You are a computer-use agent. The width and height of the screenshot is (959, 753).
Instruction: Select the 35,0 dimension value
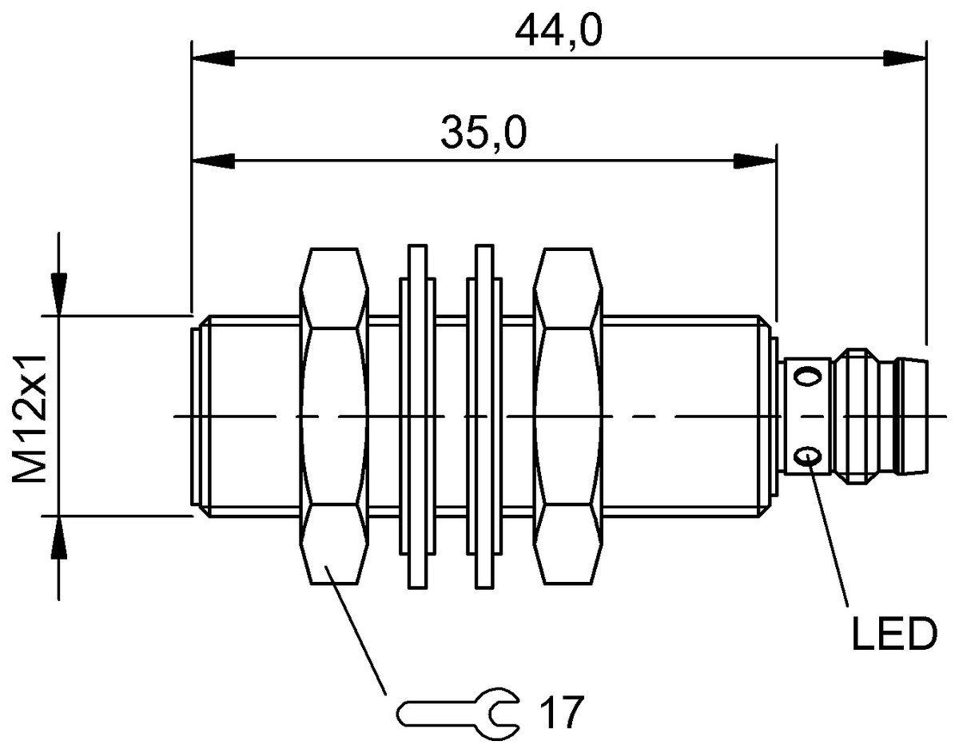click(x=483, y=133)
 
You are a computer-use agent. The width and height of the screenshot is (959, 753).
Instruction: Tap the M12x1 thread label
click(x=30, y=416)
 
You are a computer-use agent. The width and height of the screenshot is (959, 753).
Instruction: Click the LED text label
click(x=892, y=635)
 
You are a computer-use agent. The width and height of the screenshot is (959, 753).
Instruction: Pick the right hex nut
click(x=567, y=416)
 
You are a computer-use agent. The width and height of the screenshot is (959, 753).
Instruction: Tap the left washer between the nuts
click(x=416, y=416)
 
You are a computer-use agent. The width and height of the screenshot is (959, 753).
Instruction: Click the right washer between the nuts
click(x=484, y=416)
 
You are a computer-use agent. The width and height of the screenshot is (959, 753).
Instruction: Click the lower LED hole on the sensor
click(x=807, y=457)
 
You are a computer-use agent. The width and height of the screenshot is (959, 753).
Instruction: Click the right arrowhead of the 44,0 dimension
click(x=905, y=58)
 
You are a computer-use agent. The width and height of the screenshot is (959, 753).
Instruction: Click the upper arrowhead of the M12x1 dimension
click(x=58, y=293)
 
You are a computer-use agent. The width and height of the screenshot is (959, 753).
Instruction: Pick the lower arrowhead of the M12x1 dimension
click(x=58, y=537)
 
